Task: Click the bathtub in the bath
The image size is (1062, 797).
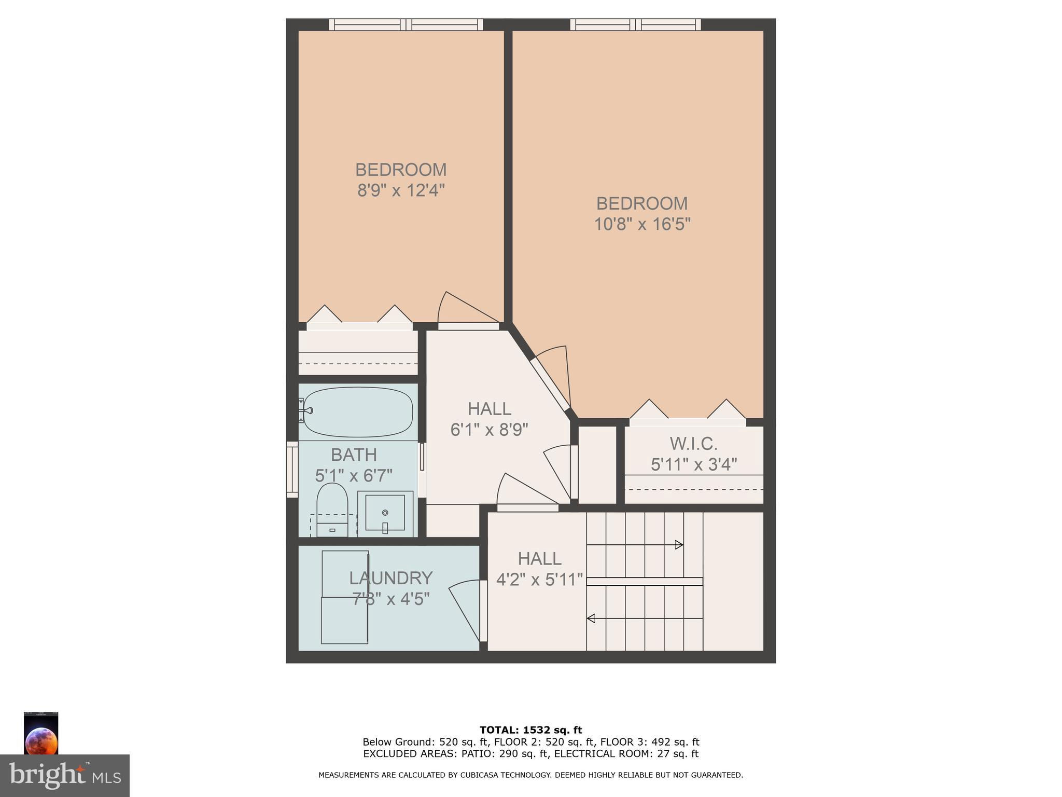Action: coord(358,413)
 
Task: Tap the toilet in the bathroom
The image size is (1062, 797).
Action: coord(332,509)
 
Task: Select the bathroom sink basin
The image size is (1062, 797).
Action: coord(385,513)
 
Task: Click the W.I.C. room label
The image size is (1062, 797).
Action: coord(693,444)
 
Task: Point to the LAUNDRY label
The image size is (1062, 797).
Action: coord(390,578)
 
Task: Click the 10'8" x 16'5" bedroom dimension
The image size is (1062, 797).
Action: coord(642,224)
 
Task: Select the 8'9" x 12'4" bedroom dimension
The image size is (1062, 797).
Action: coord(401,190)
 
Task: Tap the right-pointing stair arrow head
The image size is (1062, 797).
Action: coord(679,545)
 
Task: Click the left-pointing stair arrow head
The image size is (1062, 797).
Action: coord(591,619)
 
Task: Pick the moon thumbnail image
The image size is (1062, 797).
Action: coord(41,733)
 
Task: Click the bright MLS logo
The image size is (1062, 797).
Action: coord(65,775)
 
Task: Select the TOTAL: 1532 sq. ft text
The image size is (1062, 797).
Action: coord(530,730)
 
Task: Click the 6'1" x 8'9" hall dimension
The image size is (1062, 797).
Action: coord(489,430)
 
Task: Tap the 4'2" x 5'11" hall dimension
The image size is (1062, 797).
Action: coord(539,579)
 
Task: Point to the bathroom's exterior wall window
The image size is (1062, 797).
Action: coord(292,470)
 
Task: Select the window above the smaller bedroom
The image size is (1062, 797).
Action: coord(406,24)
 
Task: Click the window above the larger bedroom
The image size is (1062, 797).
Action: coord(635,24)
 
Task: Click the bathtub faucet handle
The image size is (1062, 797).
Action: coord(307,410)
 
